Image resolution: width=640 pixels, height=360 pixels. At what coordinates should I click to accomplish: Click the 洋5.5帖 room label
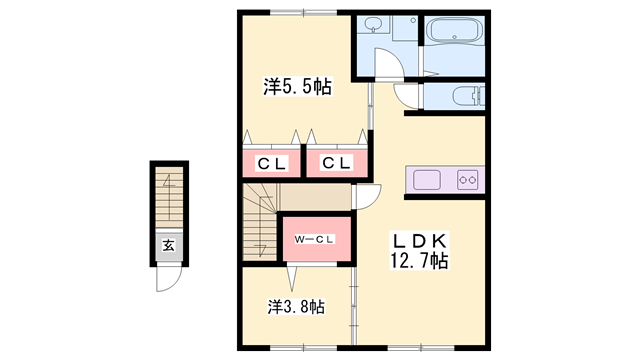tap(298, 87)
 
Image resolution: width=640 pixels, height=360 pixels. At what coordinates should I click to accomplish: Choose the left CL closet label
tap(271, 163)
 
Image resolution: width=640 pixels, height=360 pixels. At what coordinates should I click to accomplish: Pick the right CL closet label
tap(335, 163)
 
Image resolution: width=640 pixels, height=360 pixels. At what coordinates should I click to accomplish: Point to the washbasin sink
tap(372, 27)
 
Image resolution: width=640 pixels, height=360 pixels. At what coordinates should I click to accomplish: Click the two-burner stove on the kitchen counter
tap(468, 180)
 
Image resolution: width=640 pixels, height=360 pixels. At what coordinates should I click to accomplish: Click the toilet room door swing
tap(408, 96)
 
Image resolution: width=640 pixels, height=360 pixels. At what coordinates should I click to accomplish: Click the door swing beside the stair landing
tap(366, 196)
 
